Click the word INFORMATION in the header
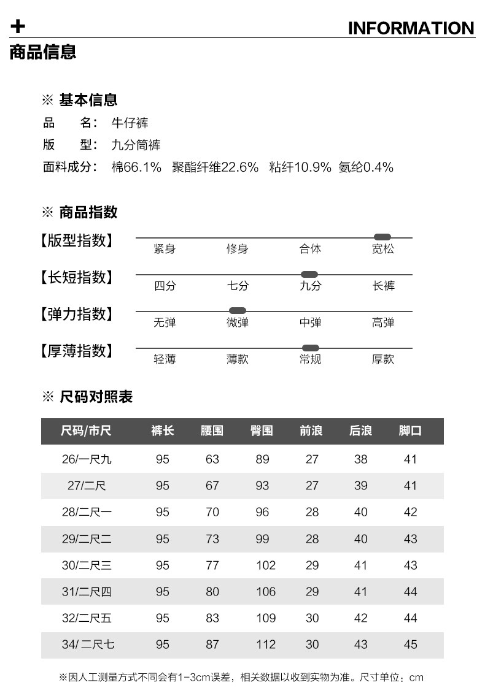pos(411,28)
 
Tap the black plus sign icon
pos(18,26)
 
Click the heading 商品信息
pos(43,52)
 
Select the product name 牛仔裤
pos(130,123)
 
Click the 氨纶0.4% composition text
pos(366,167)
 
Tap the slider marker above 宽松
pos(382,237)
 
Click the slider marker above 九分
pos(309,274)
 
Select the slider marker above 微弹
pos(237,311)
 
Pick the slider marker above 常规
pos(311,348)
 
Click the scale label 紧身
pos(165,249)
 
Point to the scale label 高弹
pos(383,323)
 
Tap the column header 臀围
pos(262,431)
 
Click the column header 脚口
pos(410,431)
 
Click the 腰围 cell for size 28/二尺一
pos(212,512)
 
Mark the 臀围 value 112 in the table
pos(266,644)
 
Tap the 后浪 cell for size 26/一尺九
pos(361,459)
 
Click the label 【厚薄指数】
pos(77,351)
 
